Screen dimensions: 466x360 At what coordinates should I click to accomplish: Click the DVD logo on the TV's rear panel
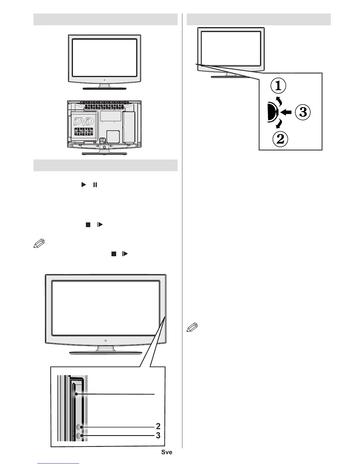84,122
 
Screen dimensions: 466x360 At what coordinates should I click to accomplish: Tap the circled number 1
278,86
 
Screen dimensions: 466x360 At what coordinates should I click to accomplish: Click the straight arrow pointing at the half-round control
286,112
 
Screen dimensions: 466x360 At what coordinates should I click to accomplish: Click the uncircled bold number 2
158,426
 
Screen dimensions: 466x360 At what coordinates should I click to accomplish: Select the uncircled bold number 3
158,435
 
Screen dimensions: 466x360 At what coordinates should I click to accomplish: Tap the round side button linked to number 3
79,436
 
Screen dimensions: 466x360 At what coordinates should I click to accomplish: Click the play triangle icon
84,185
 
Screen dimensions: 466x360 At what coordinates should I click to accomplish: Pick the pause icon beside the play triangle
95,185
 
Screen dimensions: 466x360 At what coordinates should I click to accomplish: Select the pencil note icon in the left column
39,244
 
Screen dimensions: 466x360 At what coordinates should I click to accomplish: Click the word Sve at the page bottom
166,452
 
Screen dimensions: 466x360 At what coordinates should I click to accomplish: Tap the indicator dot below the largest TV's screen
105,340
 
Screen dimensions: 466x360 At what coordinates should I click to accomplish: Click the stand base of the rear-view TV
104,154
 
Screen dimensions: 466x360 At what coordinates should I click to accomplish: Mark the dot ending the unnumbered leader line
76,394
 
